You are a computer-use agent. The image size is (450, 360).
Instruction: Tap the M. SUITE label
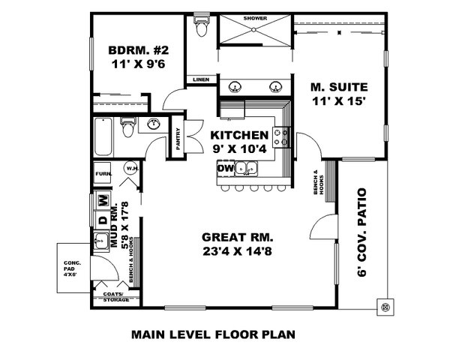336,86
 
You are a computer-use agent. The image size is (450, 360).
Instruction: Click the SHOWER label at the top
255,17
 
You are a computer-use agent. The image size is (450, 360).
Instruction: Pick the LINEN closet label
200,79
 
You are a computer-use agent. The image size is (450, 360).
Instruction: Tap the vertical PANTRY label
177,137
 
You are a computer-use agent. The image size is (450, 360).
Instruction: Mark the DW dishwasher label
225,169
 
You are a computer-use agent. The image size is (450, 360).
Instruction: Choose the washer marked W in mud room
103,200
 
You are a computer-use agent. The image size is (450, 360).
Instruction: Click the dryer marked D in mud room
103,220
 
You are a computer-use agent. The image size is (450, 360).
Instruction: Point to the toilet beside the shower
199,28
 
